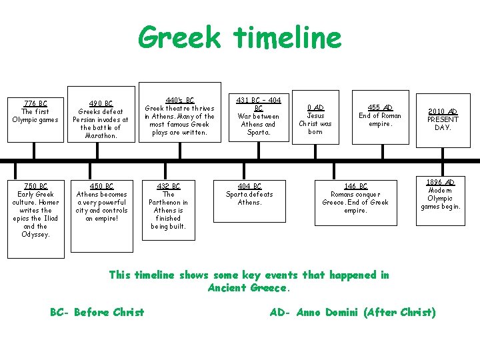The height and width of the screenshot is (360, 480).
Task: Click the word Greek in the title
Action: click(x=179, y=37)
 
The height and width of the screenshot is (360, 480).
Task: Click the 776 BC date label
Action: click(x=35, y=103)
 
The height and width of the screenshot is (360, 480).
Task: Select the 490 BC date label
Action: click(x=101, y=103)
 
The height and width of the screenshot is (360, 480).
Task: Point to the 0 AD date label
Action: click(x=315, y=107)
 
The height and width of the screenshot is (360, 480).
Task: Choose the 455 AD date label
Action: click(x=380, y=107)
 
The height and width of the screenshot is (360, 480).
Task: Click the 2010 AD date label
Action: click(x=443, y=111)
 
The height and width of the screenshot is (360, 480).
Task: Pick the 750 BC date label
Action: click(x=35, y=186)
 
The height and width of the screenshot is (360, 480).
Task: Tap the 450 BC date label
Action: click(x=101, y=186)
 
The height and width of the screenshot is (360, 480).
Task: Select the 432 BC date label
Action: click(x=169, y=186)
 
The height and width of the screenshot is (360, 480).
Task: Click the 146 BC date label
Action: click(x=355, y=186)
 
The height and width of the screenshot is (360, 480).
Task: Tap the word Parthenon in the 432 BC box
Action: click(x=169, y=202)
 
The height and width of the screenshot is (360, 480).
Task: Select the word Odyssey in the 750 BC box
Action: click(x=35, y=234)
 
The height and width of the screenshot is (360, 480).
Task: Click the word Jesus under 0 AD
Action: click(x=315, y=115)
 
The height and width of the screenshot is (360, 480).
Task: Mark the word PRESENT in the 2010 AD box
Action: click(x=443, y=119)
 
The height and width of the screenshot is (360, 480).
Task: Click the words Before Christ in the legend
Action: click(x=109, y=312)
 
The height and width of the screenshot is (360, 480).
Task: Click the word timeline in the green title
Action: click(x=288, y=37)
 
